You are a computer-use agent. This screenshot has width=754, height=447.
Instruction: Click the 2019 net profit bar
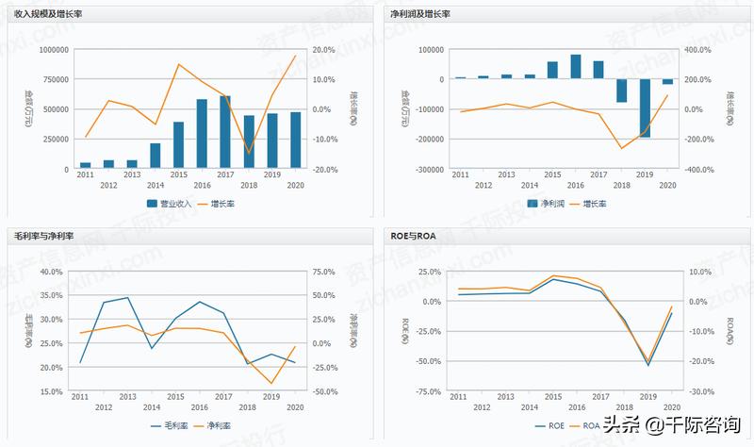pyautogui.click(x=646, y=108)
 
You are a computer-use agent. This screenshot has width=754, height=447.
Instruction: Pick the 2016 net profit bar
pyautogui.click(x=575, y=67)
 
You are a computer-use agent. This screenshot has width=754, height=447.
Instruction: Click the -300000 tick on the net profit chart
pyautogui.click(x=424, y=170)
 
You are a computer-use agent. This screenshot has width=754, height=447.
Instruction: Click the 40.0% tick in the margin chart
pyautogui.click(x=51, y=273)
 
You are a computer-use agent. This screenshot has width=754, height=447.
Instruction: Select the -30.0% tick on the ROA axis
pyautogui.click(x=701, y=391)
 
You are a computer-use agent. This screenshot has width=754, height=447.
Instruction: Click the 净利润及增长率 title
pyautogui.click(x=420, y=15)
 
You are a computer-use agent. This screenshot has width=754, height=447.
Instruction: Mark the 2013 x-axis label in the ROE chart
pyautogui.click(x=506, y=398)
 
